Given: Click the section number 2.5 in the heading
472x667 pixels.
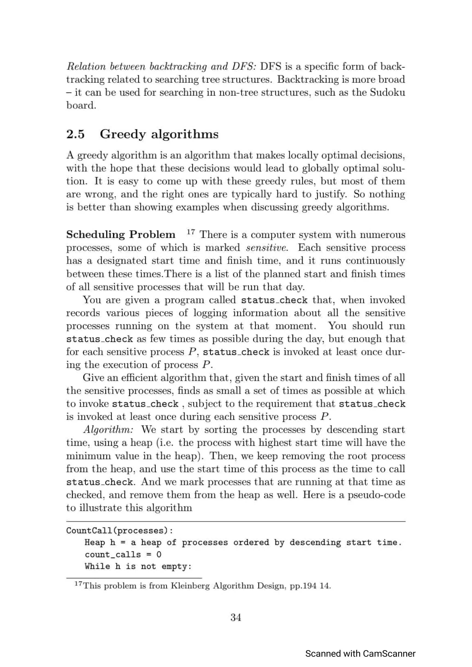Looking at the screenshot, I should tap(75, 134).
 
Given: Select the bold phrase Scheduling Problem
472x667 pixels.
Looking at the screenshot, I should tap(121, 235).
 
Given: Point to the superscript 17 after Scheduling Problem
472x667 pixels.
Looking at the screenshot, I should tap(191, 232).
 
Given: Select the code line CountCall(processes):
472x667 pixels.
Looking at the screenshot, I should tap(120, 531).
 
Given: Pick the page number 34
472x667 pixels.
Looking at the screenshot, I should tap(236, 617).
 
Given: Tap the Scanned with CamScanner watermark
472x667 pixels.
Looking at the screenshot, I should tap(360, 653).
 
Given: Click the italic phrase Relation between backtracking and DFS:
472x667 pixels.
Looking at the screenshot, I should tap(161, 67).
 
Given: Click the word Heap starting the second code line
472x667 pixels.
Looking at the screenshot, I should tap(94, 542).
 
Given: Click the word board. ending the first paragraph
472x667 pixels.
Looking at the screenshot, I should tap(81, 105).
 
